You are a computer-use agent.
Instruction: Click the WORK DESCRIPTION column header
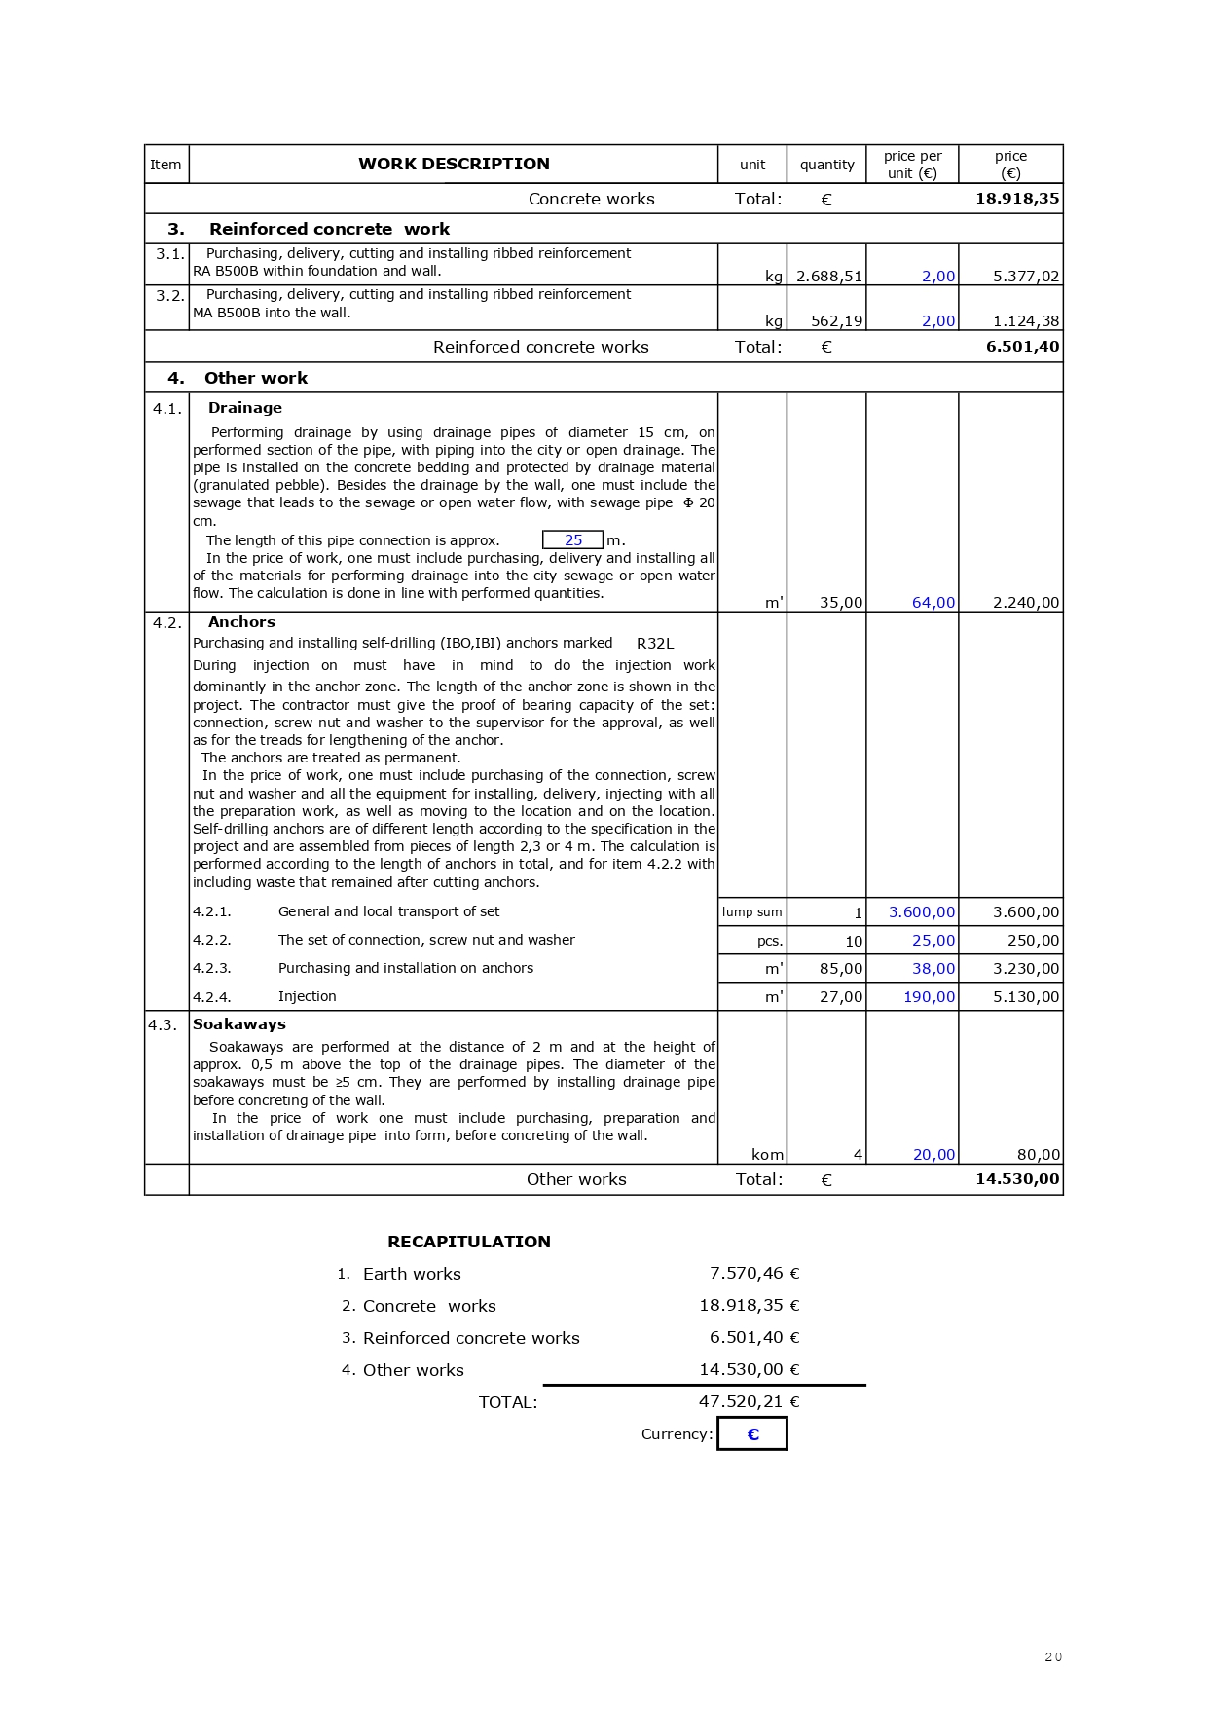pyautogui.click(x=454, y=164)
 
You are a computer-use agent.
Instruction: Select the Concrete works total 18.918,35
pyautogui.click(x=1017, y=199)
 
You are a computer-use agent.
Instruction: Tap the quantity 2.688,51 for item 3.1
pyautogui.click(x=829, y=277)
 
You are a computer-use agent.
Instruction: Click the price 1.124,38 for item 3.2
pyautogui.click(x=1026, y=321)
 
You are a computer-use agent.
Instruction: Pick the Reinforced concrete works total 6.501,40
pyautogui.click(x=1022, y=347)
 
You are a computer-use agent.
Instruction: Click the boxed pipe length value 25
pyautogui.click(x=573, y=540)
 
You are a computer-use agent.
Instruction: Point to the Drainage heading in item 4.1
pyautogui.click(x=245, y=408)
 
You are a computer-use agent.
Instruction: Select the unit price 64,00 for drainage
pyautogui.click(x=933, y=603)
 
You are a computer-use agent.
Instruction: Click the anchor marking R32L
pyautogui.click(x=655, y=644)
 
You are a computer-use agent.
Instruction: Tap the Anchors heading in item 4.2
pyautogui.click(x=241, y=622)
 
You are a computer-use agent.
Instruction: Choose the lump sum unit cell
pyautogui.click(x=751, y=912)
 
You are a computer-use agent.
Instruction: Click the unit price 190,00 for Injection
pyautogui.click(x=930, y=997)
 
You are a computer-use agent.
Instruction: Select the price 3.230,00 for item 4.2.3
pyautogui.click(x=1026, y=969)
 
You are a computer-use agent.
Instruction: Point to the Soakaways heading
pyautogui.click(x=239, y=1024)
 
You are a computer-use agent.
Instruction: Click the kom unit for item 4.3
pyautogui.click(x=767, y=1155)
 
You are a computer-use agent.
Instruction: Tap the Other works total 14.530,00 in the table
pyautogui.click(x=1017, y=1179)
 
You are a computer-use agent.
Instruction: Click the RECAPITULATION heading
pyautogui.click(x=469, y=1242)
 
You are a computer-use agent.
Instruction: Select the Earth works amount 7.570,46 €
pyautogui.click(x=754, y=1274)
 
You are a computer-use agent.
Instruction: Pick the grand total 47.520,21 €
pyautogui.click(x=749, y=1402)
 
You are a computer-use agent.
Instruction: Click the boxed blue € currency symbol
pyautogui.click(x=752, y=1434)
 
